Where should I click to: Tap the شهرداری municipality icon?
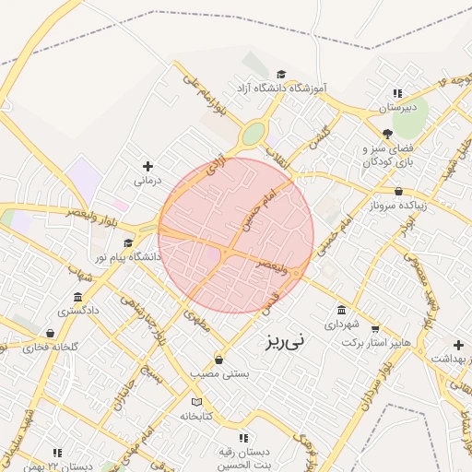(x=342, y=310)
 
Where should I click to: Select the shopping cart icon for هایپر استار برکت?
(x=375, y=328)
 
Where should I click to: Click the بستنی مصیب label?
(x=218, y=373)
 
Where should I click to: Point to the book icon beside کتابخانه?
(x=195, y=403)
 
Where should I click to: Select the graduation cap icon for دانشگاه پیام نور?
(x=127, y=242)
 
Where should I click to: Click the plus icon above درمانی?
(x=147, y=166)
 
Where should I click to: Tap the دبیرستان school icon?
(x=397, y=93)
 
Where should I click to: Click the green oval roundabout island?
(x=252, y=136)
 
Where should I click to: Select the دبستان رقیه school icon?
(x=243, y=438)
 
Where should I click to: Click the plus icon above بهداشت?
(x=458, y=345)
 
